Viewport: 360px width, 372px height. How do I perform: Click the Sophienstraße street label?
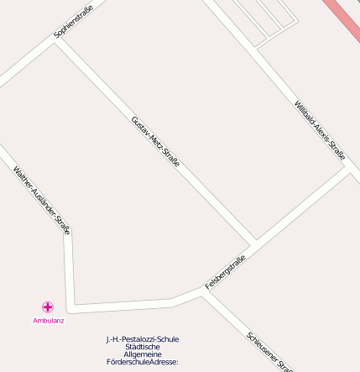[x=73, y=21]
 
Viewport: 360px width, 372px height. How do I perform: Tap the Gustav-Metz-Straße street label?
[x=155, y=141]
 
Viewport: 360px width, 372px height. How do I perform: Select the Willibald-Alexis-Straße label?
[x=320, y=130]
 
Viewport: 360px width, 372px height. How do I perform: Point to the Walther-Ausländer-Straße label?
[x=41, y=200]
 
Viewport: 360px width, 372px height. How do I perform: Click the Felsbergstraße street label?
[x=224, y=272]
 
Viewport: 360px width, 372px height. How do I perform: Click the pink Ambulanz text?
[x=49, y=320]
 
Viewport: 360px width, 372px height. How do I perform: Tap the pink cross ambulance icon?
[x=48, y=307]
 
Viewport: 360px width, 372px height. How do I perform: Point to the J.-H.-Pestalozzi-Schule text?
[x=143, y=339]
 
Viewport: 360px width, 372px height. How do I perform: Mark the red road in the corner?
[x=345, y=16]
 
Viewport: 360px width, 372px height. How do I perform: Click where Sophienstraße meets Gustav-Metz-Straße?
[x=57, y=41]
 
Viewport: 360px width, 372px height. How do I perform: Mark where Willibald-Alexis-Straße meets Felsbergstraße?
[x=347, y=167]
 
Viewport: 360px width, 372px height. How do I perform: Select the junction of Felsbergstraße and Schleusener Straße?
[x=204, y=293]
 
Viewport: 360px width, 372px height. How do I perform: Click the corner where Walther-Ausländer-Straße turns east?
[x=72, y=306]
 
